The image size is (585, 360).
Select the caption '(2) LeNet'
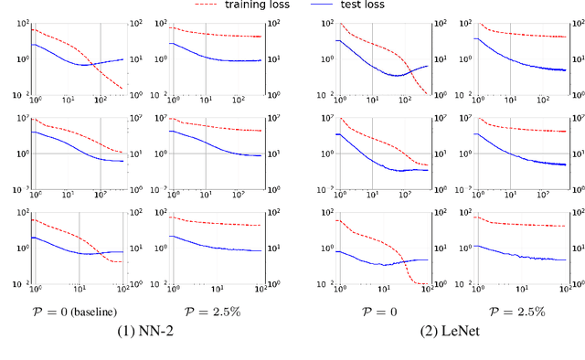447,333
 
